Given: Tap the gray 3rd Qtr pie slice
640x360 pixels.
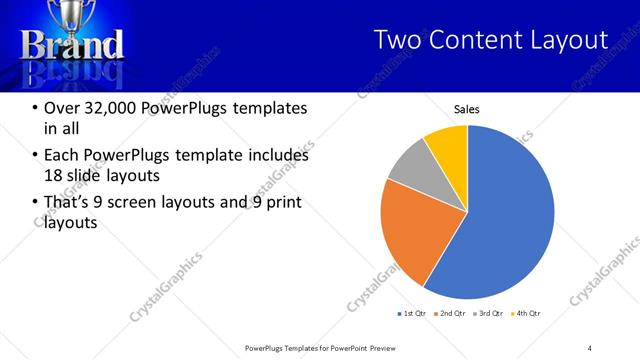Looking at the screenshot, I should pyautogui.click(x=409, y=165).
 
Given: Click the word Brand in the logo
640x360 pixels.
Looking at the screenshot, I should pyautogui.click(x=73, y=46).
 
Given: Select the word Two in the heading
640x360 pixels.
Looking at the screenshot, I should pyautogui.click(x=397, y=40).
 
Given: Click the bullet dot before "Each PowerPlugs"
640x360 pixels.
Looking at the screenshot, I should pyautogui.click(x=35, y=156).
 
